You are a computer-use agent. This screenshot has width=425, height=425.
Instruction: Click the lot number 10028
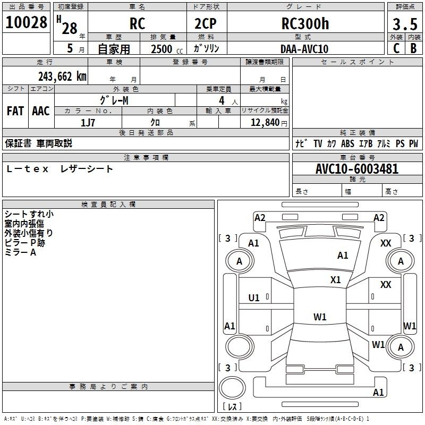(27, 23)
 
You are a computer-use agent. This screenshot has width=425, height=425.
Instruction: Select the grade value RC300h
(304, 24)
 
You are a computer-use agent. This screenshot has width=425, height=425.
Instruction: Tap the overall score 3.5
(405, 24)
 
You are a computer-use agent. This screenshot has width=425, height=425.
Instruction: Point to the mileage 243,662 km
(62, 76)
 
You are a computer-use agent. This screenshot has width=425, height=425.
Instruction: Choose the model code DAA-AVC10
(304, 49)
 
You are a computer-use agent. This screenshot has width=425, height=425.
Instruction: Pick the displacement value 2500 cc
(165, 49)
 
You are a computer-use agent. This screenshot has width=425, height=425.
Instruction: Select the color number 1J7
(88, 122)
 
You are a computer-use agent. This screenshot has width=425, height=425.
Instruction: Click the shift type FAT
(15, 110)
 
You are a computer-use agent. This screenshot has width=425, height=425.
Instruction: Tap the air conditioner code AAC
(40, 110)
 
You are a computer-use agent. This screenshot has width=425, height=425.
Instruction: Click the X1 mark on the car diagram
(335, 279)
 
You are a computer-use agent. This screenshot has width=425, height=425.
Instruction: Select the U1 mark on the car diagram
(254, 297)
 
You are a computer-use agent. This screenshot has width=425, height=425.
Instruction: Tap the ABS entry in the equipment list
(347, 143)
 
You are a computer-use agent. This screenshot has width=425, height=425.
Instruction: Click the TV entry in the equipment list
(318, 143)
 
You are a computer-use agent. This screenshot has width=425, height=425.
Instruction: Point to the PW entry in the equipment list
(413, 143)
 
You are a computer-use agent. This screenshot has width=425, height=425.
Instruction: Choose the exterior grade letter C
(396, 48)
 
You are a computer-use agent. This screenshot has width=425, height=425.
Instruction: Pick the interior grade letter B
(413, 48)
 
